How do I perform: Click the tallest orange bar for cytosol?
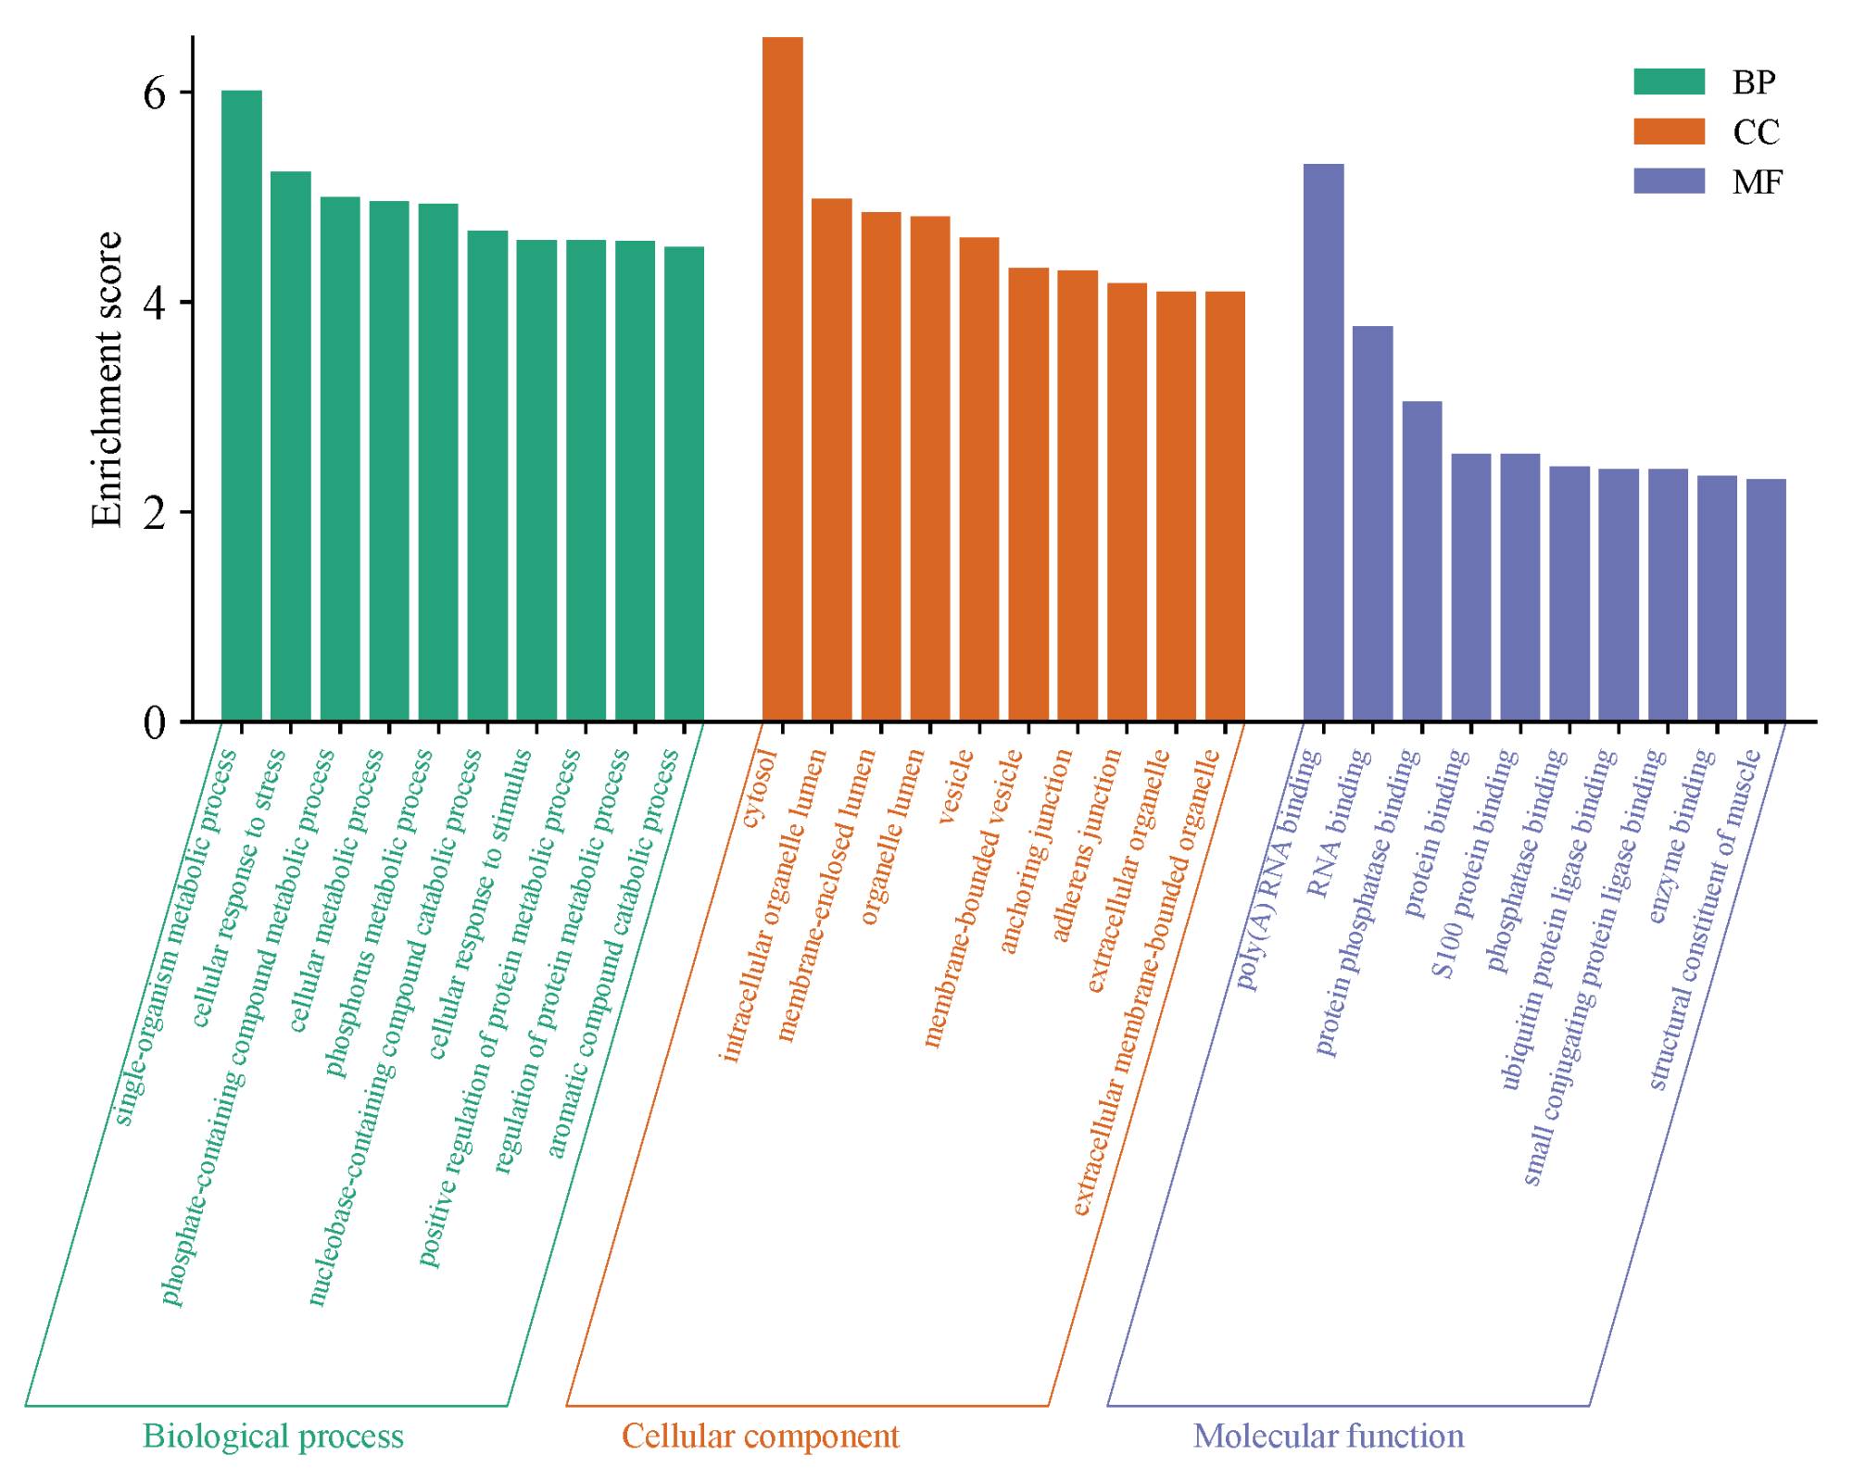tap(782, 380)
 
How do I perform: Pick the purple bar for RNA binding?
tap(1372, 523)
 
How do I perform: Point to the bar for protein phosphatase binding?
tap(1421, 561)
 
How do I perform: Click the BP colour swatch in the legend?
tap(1669, 82)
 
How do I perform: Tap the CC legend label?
tap(1756, 132)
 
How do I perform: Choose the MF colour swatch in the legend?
tap(1669, 181)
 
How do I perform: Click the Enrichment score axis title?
tap(107, 380)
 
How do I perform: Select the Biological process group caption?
tap(273, 1436)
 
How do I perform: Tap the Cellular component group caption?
tap(760, 1436)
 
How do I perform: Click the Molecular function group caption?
tap(1329, 1436)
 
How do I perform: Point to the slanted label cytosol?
tap(759, 789)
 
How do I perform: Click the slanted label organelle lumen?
tap(893, 836)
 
